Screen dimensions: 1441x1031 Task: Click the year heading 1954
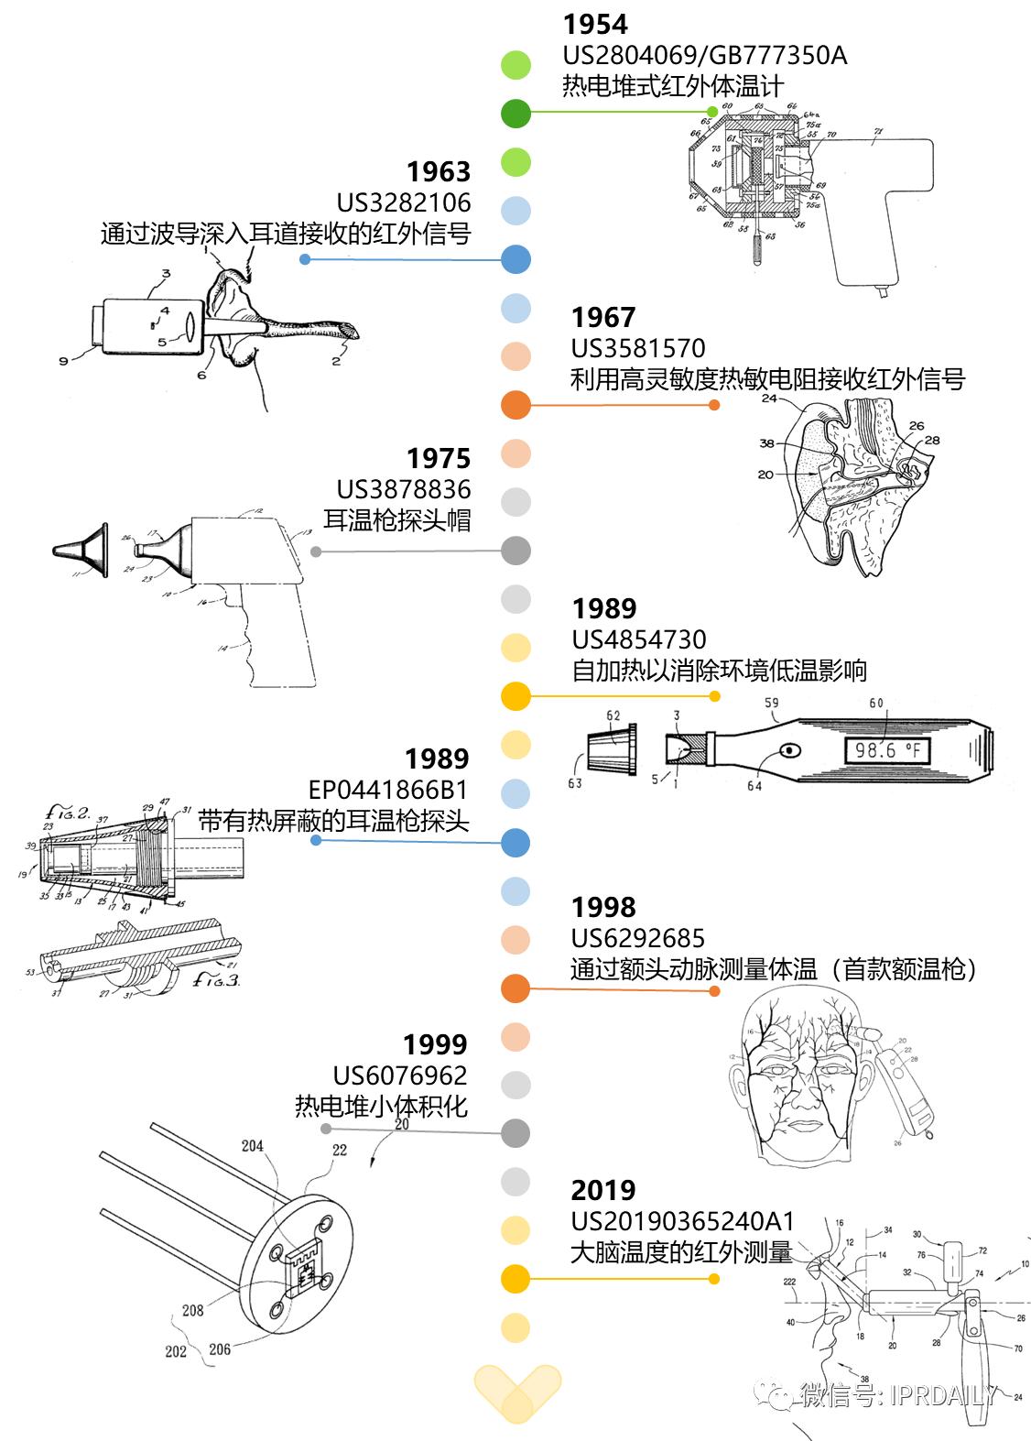595,24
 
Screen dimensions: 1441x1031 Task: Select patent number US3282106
404,202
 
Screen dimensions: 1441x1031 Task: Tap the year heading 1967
602,317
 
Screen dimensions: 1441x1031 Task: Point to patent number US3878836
404,489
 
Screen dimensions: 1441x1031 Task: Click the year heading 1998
602,907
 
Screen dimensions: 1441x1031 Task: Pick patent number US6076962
400,1075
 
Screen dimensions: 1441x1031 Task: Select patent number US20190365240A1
682,1221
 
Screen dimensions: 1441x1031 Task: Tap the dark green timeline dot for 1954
516,114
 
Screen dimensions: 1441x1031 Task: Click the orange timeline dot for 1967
516,405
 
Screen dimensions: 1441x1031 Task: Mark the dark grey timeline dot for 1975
516,551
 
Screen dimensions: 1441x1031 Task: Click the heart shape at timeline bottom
516,1392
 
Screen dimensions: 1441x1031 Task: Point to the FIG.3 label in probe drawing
216,979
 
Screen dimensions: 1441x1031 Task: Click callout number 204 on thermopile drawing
252,1145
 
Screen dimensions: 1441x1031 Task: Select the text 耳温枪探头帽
396,520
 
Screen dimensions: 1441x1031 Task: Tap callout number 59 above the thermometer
772,704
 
